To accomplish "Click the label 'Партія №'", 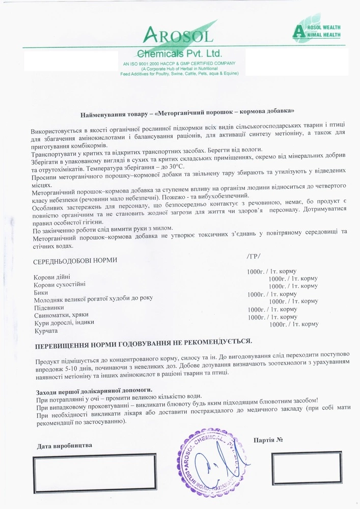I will (268, 439).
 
